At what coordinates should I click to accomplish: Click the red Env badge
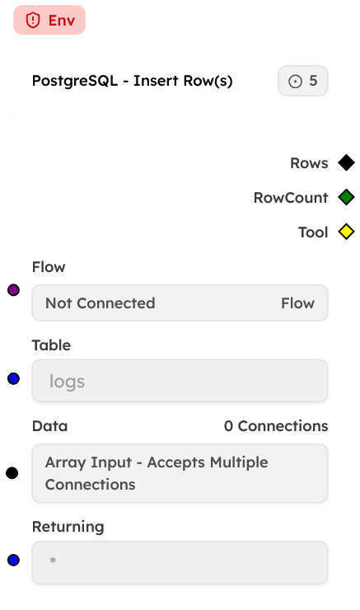click(49, 21)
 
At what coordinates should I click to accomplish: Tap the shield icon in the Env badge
click(33, 21)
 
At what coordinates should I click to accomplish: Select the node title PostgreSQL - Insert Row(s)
click(132, 81)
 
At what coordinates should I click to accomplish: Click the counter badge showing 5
click(303, 81)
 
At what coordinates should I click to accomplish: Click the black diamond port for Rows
click(346, 163)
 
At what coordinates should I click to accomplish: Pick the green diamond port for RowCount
click(346, 198)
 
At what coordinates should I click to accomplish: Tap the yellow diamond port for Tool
click(346, 232)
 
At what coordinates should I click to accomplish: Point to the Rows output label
click(309, 163)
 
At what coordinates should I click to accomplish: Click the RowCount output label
click(291, 198)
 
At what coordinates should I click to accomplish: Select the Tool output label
click(313, 232)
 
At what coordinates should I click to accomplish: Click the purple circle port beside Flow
click(13, 289)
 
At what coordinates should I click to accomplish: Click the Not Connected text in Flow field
click(101, 303)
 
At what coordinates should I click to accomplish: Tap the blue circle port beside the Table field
click(13, 378)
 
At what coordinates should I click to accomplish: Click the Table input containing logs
click(180, 382)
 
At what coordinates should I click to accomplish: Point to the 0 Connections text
click(276, 426)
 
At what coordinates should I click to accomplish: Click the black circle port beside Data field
click(12, 472)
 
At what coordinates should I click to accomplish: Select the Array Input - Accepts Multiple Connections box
click(180, 473)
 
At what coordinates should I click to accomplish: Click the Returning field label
click(68, 526)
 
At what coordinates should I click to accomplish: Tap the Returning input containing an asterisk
click(180, 563)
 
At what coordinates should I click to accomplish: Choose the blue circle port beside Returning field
click(13, 561)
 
